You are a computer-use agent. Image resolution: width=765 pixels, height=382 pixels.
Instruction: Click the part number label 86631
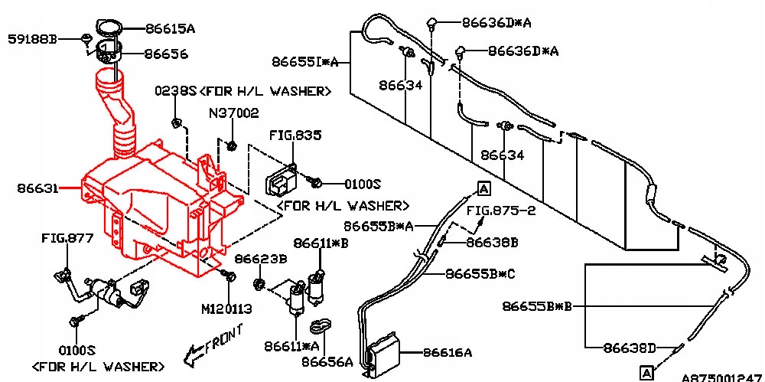tap(36, 186)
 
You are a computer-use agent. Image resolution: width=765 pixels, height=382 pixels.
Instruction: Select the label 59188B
tap(33, 38)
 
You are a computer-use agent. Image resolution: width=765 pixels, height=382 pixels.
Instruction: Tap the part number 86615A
tap(170, 29)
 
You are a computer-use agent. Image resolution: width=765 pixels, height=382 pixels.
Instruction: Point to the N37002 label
tap(233, 113)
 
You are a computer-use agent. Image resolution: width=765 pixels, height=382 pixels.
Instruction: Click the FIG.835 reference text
tap(295, 135)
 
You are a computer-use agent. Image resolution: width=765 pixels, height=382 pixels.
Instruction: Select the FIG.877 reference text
tap(67, 239)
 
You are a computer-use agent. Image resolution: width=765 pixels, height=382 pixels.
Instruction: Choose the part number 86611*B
tap(321, 243)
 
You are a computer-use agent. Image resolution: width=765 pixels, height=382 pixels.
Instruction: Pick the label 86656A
tap(327, 361)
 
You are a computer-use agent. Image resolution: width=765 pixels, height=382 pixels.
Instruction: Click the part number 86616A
tap(447, 353)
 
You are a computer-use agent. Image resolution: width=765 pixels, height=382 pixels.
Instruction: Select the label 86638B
tap(492, 243)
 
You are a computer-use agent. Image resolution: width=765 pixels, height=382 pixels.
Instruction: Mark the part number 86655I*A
tap(304, 61)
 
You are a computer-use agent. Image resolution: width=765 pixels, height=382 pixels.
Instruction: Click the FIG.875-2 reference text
tap(501, 210)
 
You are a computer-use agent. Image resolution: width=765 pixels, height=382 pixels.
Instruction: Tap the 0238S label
tap(176, 91)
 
